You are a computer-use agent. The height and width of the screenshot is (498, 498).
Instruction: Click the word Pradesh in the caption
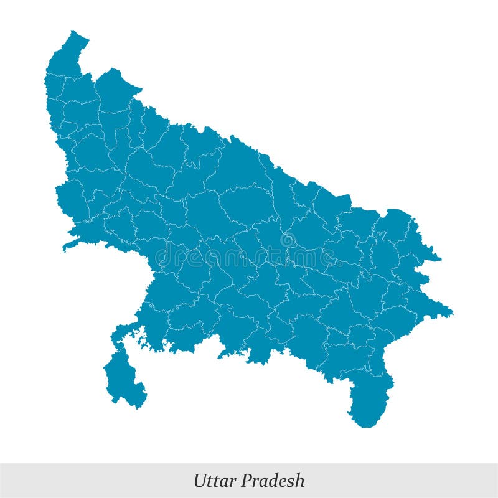pos(273,481)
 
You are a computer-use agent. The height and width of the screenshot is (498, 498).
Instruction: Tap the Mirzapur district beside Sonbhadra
pos(339,358)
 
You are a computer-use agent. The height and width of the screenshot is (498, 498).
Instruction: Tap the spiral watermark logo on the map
pos(288,240)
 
